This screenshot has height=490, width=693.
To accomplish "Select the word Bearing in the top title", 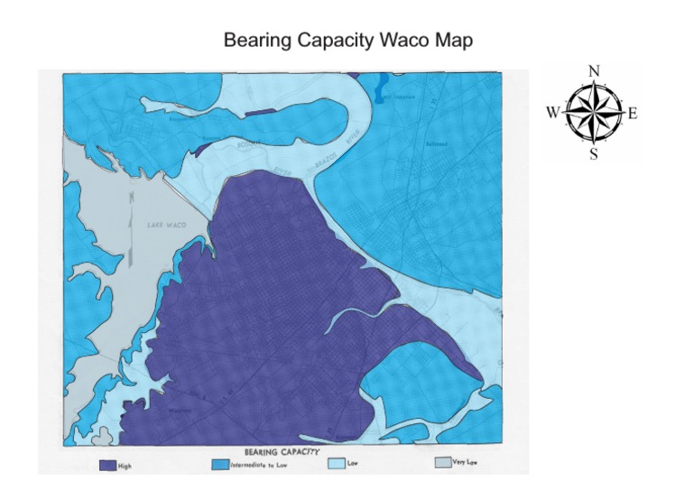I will click(255, 42).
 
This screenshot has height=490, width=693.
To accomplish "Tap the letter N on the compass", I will click(593, 71).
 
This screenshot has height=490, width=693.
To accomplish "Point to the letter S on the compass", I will click(593, 153).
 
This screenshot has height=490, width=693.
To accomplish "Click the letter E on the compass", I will click(633, 113).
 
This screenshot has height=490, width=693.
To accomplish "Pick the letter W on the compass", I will click(552, 113).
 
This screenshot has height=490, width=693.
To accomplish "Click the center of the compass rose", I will click(593, 113).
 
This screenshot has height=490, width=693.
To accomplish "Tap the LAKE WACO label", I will click(167, 225).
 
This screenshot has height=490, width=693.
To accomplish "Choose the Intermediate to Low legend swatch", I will click(218, 464).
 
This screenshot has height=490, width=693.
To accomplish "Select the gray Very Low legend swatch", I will click(442, 461).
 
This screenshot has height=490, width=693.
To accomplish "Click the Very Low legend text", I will click(467, 461).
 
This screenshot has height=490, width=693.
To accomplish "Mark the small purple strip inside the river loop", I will click(259, 111).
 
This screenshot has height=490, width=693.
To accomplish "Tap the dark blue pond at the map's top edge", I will click(381, 86).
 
